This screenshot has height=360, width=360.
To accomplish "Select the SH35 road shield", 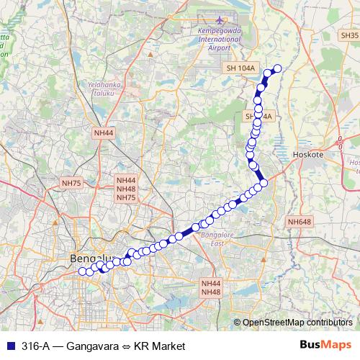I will click(350, 35).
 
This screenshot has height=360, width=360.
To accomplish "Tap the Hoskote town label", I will click(310, 154).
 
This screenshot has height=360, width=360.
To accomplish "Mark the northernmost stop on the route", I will click(277, 68).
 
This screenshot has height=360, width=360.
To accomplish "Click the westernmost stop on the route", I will click(81, 271).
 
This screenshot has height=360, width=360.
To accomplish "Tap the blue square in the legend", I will click(9, 346).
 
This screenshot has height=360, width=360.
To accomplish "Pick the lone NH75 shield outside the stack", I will click(73, 183).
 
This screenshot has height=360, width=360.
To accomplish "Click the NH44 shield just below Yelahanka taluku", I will click(104, 133).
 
